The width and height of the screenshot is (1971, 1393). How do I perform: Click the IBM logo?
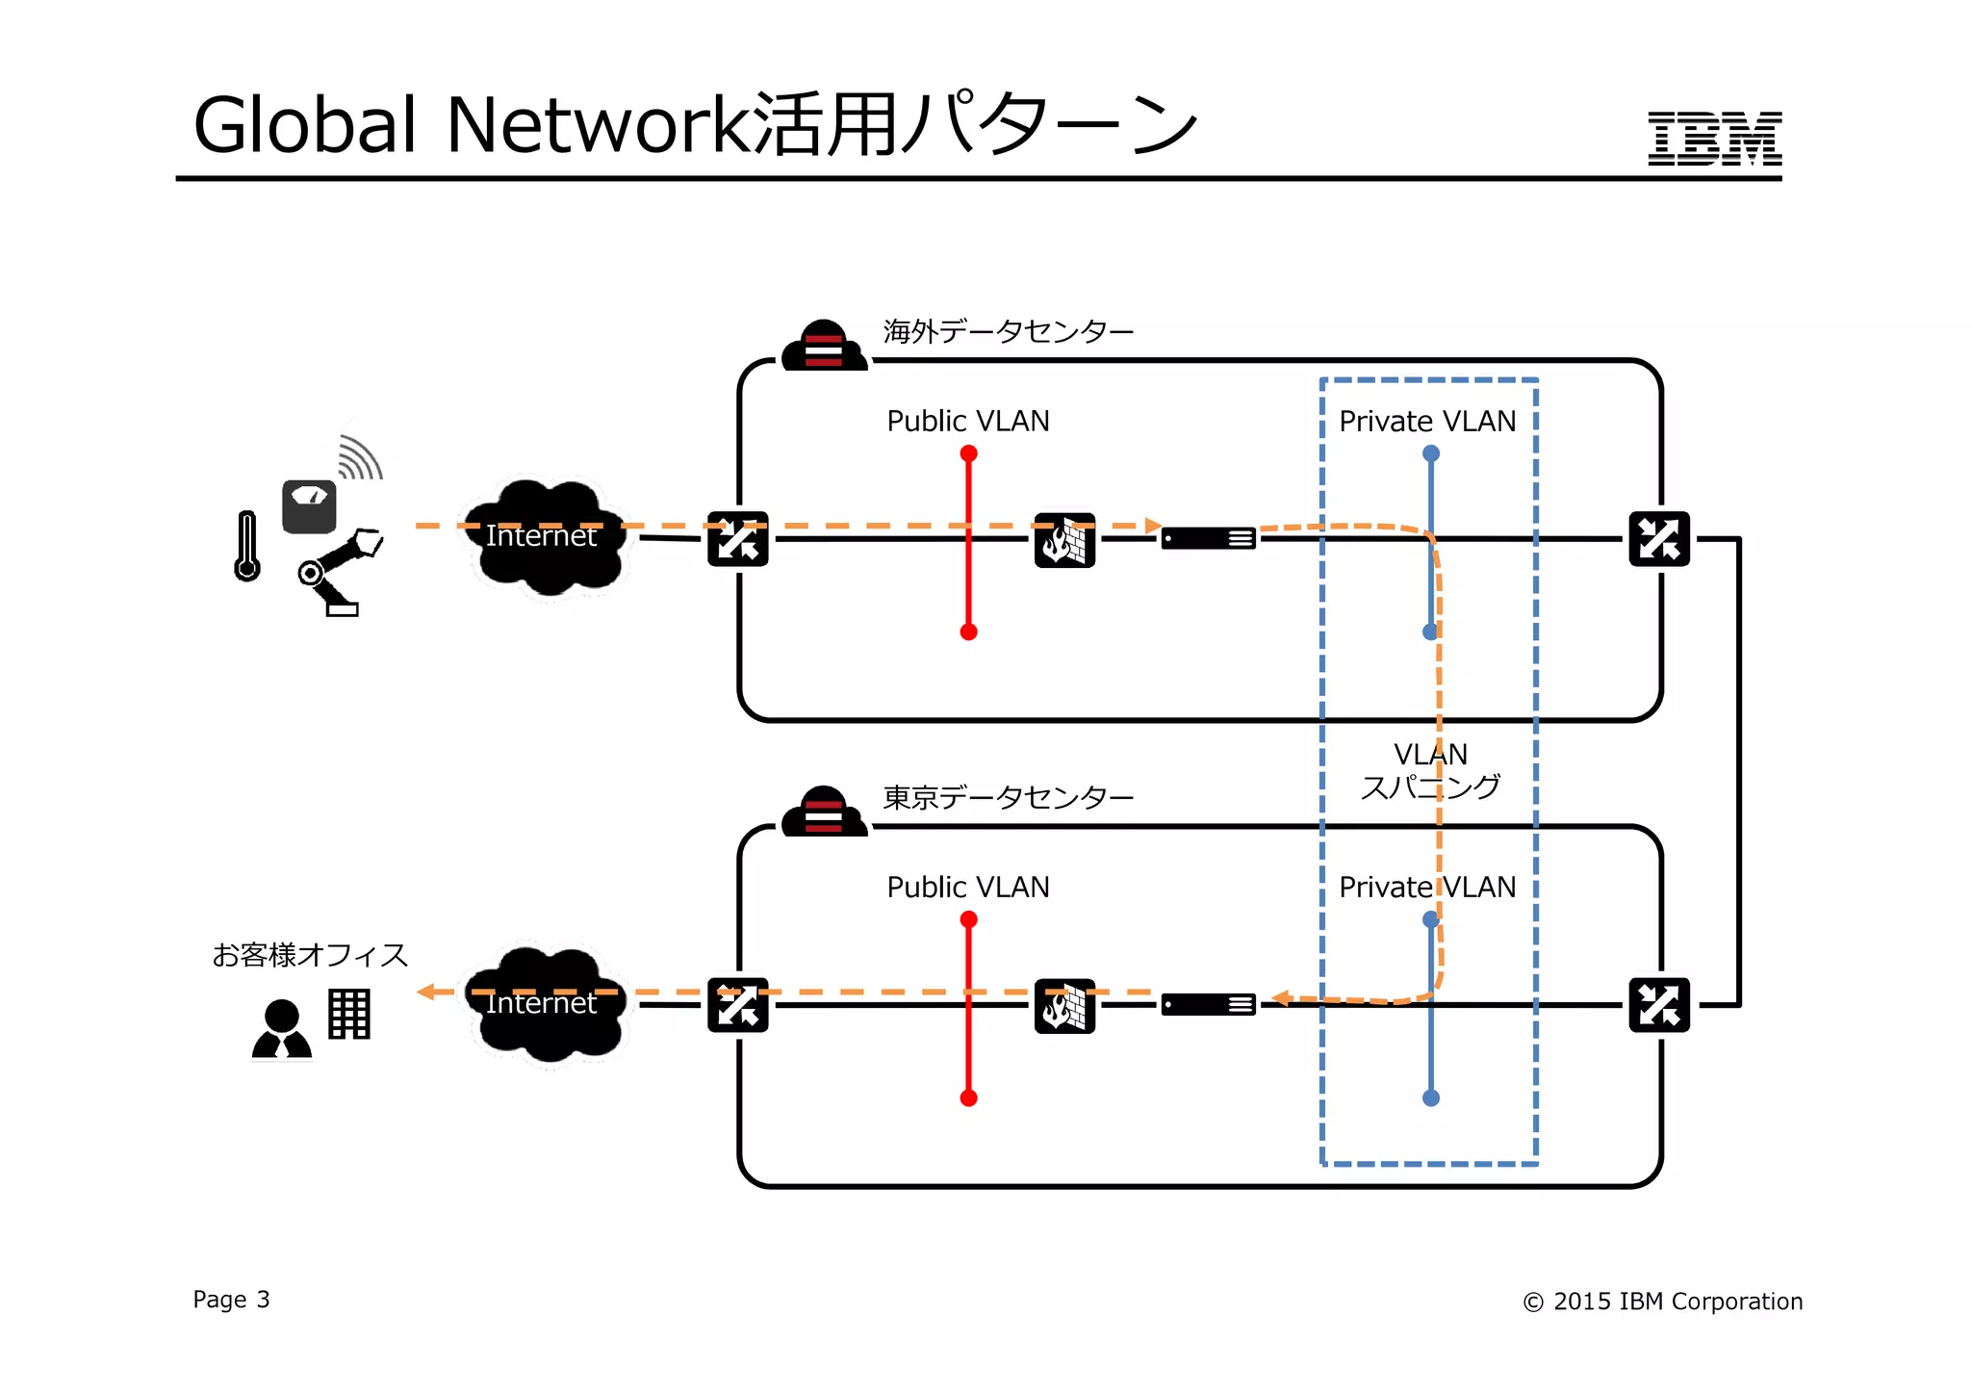pyautogui.click(x=1714, y=139)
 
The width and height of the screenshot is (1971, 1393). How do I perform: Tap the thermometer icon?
pyautogui.click(x=247, y=546)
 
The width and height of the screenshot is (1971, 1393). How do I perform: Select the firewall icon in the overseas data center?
pyautogui.click(x=1064, y=540)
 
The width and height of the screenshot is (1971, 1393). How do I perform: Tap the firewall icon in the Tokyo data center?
pyautogui.click(x=1064, y=1006)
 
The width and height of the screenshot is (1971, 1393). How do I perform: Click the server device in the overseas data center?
pyautogui.click(x=1208, y=539)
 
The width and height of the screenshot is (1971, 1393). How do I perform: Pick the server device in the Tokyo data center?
pyautogui.click(x=1208, y=1005)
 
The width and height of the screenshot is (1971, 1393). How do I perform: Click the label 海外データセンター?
pyautogui.click(x=1008, y=332)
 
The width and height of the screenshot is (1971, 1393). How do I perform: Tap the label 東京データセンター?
pyautogui.click(x=1008, y=798)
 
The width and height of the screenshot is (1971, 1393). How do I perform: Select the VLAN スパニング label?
pyautogui.click(x=1430, y=771)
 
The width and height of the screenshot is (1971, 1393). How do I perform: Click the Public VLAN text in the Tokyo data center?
pyautogui.click(x=967, y=887)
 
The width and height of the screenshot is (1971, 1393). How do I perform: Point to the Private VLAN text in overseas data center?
pyautogui.click(x=1426, y=421)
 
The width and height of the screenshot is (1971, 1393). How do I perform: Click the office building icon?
pyautogui.click(x=349, y=1014)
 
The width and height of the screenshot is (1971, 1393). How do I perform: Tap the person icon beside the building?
pyautogui.click(x=282, y=1030)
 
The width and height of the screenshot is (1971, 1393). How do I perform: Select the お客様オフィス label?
pyautogui.click(x=310, y=955)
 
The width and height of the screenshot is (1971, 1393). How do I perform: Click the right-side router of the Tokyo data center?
pyautogui.click(x=1658, y=1005)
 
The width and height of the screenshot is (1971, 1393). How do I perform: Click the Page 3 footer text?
pyautogui.click(x=231, y=1300)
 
